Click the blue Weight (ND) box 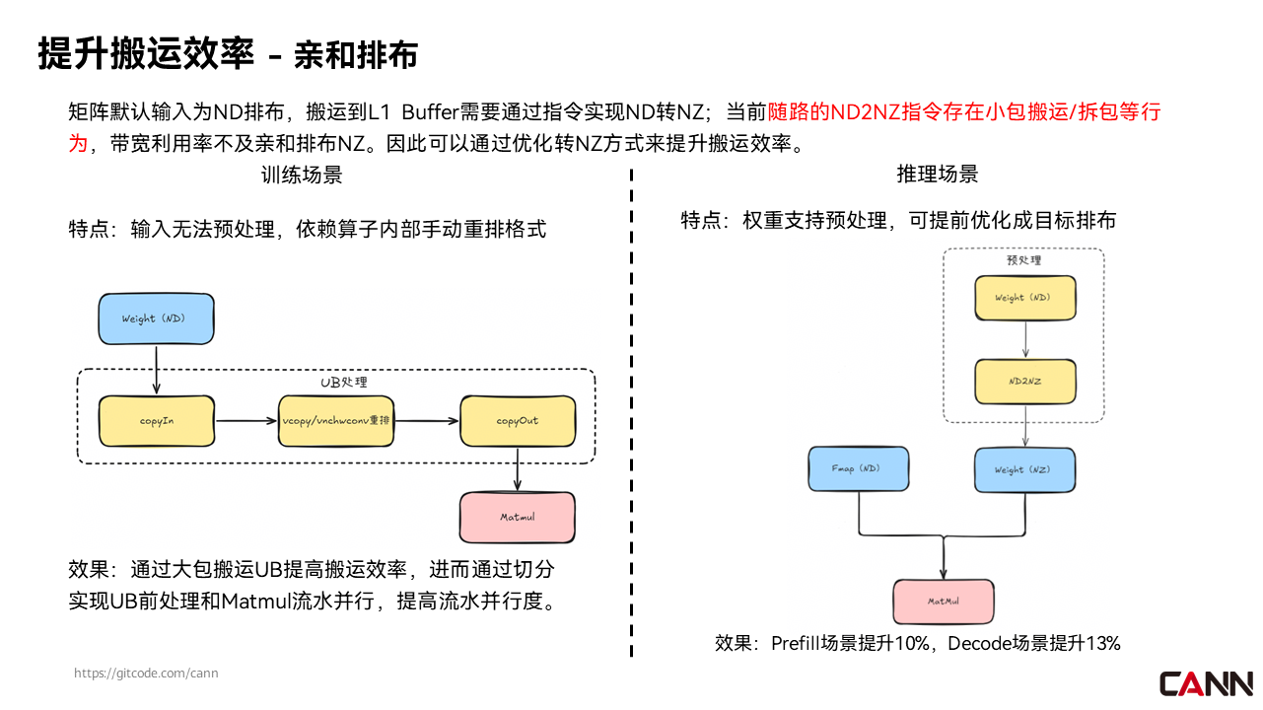click(x=156, y=319)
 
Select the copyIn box click(x=156, y=421)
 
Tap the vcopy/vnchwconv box click(x=337, y=421)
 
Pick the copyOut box click(x=518, y=421)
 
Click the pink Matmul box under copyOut click(x=518, y=517)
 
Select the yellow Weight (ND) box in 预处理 click(x=1023, y=298)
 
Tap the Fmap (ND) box click(x=859, y=469)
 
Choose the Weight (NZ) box click(x=1023, y=469)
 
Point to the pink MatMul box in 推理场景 click(x=944, y=602)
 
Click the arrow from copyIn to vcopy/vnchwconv click(x=246, y=421)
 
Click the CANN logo click(x=1205, y=682)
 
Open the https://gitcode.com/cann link click(x=147, y=674)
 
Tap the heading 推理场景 click(x=937, y=175)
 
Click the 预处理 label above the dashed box click(x=1023, y=261)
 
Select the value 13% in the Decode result click(x=1102, y=644)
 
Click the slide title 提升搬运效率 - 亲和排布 click(x=228, y=54)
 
